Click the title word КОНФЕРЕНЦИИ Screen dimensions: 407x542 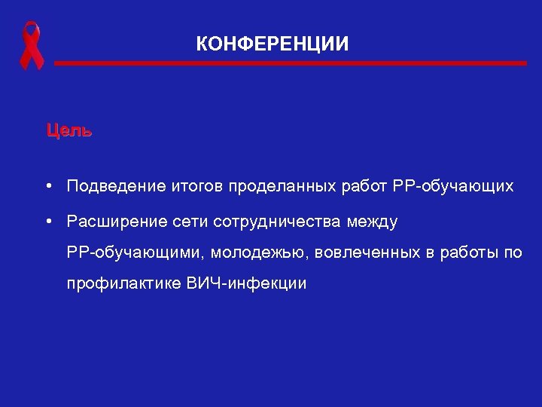point(273,44)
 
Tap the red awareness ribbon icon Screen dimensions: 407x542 point(31,45)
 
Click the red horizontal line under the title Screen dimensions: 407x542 point(290,64)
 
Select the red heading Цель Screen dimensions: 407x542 point(69,130)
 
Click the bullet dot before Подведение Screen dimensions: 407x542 point(47,185)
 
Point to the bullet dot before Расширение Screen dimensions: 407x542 point(47,222)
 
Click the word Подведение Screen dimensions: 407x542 point(108,186)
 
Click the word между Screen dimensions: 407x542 point(374,222)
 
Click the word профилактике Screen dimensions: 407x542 point(123,284)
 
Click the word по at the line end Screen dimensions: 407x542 point(512,253)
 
